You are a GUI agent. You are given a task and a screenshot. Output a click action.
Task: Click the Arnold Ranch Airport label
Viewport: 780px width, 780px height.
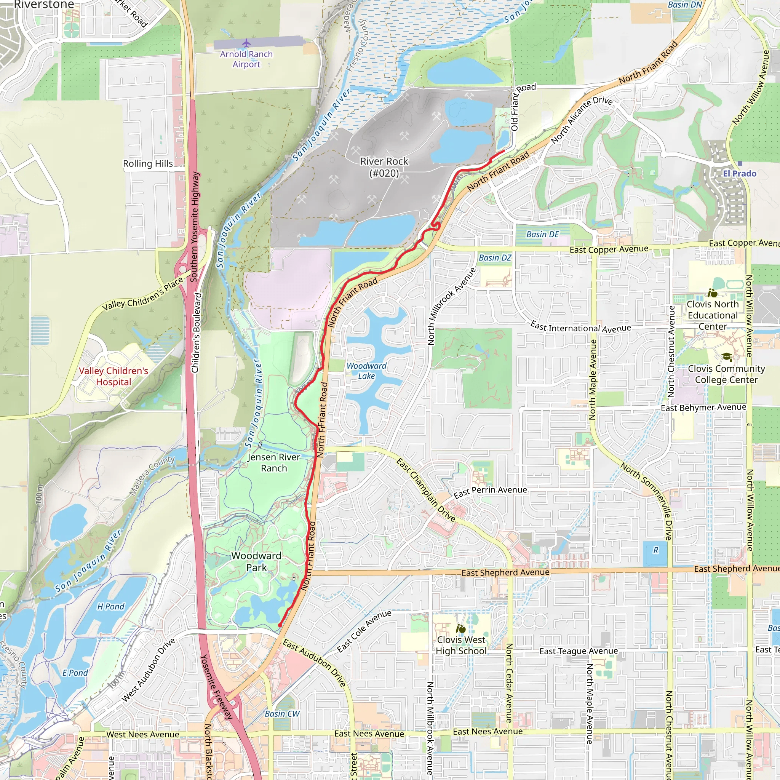(x=246, y=59)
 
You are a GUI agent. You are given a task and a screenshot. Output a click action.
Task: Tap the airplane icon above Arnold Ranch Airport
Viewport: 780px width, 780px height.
(x=246, y=43)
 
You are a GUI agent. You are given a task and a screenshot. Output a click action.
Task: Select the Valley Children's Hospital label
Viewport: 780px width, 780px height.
(x=113, y=376)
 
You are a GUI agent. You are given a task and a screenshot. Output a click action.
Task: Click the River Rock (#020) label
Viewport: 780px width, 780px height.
(x=384, y=167)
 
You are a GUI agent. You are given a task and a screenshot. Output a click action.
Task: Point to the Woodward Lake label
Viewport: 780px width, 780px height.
(x=367, y=371)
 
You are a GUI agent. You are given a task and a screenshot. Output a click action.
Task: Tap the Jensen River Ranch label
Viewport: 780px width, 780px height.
(x=274, y=463)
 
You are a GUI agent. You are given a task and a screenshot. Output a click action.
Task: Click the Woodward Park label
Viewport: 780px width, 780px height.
(x=256, y=562)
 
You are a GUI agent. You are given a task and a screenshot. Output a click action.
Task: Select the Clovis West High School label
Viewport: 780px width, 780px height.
(x=461, y=645)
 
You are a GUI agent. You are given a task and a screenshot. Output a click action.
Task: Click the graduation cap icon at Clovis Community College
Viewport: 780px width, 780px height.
(x=727, y=357)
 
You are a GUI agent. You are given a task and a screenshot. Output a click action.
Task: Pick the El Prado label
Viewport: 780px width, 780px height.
(x=740, y=174)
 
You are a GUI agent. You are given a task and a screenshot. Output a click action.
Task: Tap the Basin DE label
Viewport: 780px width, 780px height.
(x=543, y=235)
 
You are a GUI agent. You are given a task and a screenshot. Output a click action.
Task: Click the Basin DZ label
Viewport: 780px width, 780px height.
(x=495, y=257)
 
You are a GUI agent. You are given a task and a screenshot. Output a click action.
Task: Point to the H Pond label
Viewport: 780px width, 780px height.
(x=110, y=606)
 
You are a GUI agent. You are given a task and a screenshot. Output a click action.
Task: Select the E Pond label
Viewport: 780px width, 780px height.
(x=75, y=673)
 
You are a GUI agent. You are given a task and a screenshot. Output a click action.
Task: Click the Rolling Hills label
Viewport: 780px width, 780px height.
(x=148, y=163)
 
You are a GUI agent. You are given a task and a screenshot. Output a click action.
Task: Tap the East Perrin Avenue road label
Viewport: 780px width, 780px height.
(x=490, y=492)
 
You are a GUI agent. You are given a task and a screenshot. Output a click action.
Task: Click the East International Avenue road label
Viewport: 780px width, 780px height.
(x=580, y=328)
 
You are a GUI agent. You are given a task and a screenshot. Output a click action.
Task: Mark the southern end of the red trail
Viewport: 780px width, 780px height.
(x=280, y=625)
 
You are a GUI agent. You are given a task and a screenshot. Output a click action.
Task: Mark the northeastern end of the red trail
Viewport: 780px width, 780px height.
(x=504, y=151)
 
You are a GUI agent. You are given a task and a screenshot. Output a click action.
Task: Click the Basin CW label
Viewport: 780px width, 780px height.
(x=282, y=714)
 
